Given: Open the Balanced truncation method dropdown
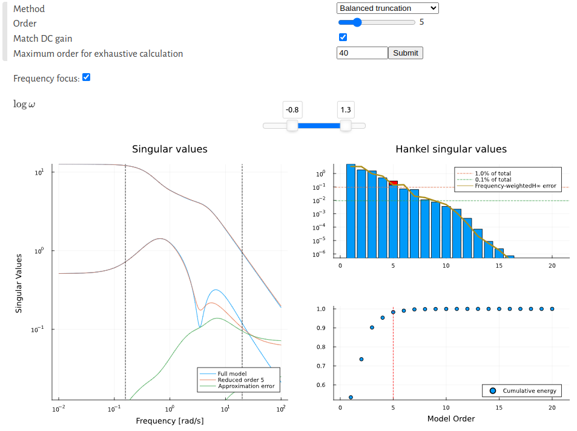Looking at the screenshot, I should click(387, 8).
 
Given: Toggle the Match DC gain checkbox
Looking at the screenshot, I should click(343, 37).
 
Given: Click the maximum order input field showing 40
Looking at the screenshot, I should click(361, 53).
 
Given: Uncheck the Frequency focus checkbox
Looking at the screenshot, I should click(86, 77).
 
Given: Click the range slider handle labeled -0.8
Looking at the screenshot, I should click(292, 125).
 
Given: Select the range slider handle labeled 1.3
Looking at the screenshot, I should click(345, 125).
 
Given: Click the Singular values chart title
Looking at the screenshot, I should click(170, 149).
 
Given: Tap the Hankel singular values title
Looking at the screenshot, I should click(451, 149).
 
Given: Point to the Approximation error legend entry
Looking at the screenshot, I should click(246, 386).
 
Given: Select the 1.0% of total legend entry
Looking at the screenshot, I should click(493, 173).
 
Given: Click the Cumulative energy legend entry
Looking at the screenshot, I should click(529, 391).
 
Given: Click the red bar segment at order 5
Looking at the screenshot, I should click(394, 183).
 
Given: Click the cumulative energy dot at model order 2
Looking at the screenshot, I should click(361, 359).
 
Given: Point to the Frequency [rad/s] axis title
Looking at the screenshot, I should click(170, 421).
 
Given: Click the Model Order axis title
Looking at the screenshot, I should click(451, 418).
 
